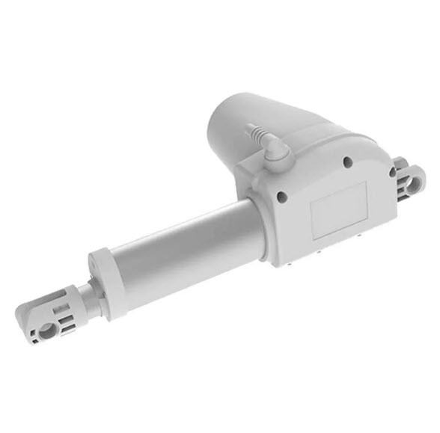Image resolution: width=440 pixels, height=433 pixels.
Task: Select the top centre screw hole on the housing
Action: pos(346,161)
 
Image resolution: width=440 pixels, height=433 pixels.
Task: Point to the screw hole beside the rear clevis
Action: pos(392,173)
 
